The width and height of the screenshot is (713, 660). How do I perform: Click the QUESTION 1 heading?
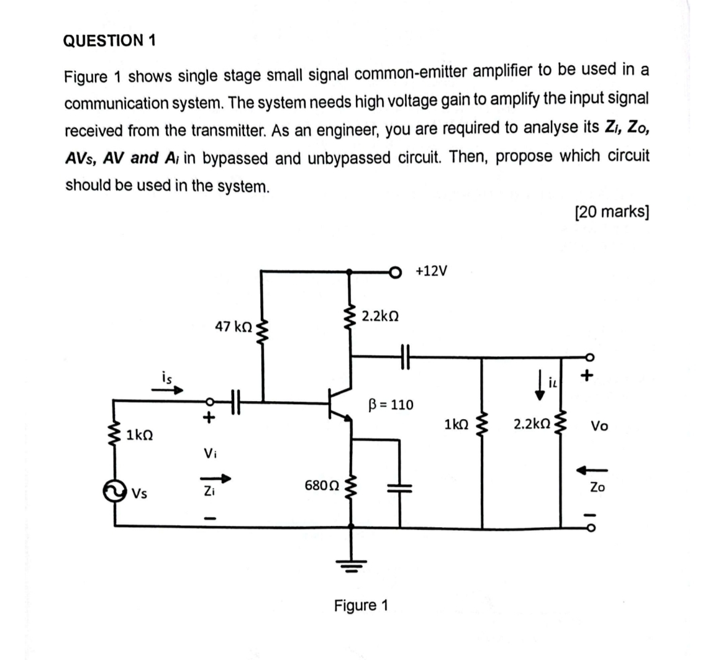pos(110,41)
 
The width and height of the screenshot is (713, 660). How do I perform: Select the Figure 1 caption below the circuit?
pos(361,605)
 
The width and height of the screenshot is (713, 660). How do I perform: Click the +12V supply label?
pos(432,271)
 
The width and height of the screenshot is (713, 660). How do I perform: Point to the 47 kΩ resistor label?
pos(234,327)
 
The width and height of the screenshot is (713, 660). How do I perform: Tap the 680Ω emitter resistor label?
pos(322,484)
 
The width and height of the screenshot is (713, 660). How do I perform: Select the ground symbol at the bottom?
pos(352,563)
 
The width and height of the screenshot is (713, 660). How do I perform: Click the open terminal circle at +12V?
pos(393,271)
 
